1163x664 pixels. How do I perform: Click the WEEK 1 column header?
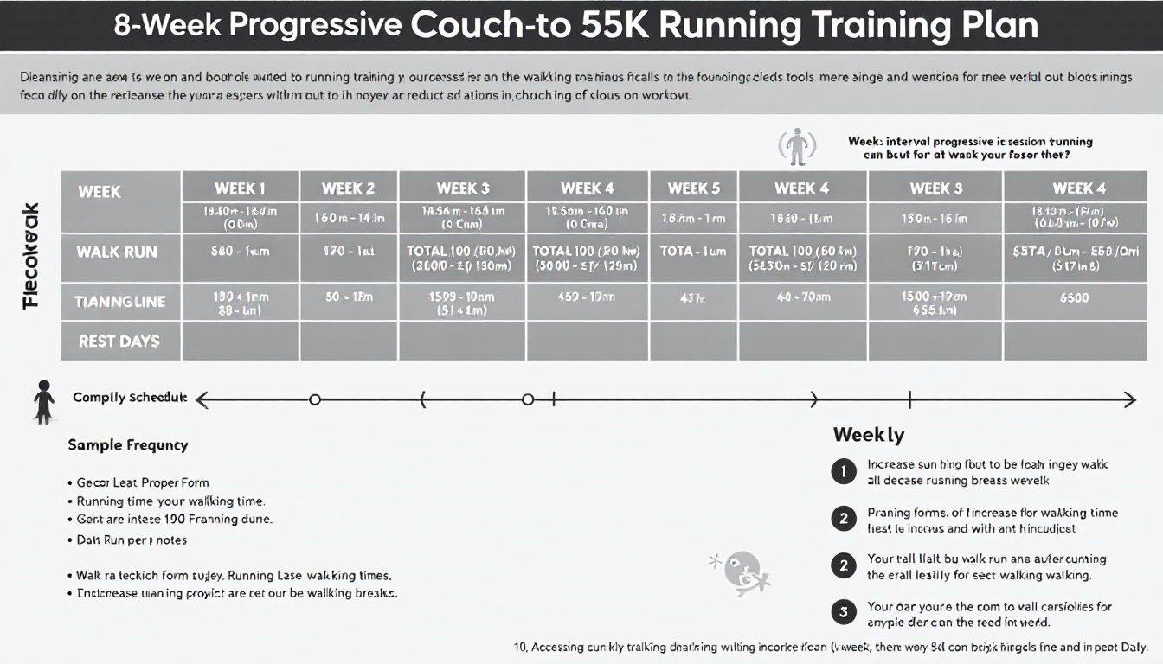tap(240, 188)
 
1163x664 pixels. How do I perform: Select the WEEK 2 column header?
tap(348, 188)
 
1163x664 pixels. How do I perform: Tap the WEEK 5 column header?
tap(693, 188)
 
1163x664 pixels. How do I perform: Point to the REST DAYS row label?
tap(119, 342)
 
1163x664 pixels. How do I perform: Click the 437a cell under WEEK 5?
tap(693, 298)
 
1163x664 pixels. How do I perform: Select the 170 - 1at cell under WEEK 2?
tap(348, 252)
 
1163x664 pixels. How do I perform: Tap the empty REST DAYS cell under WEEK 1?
tap(240, 342)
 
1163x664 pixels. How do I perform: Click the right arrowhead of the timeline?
tap(1129, 399)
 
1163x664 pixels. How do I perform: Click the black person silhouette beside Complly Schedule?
tap(43, 401)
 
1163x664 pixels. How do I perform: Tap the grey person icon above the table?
tap(796, 146)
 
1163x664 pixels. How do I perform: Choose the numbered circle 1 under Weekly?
tap(842, 471)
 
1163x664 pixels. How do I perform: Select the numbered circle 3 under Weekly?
tap(842, 613)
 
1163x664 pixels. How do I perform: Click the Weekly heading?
tap(868, 434)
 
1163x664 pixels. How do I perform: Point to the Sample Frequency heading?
tap(127, 445)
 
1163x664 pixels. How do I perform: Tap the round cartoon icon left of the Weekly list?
tap(742, 571)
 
